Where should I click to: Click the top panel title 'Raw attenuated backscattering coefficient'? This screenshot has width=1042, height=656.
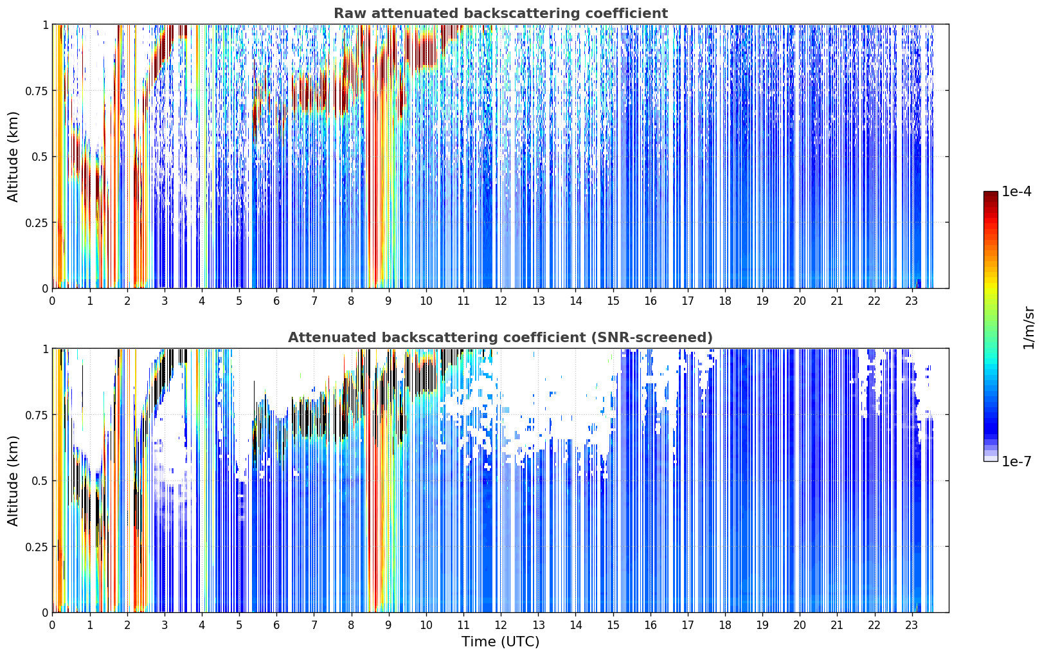point(501,13)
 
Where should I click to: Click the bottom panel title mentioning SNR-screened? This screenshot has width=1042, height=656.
point(501,337)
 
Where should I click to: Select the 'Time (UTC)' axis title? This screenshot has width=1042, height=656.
point(501,642)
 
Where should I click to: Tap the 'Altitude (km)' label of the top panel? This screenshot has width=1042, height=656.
point(13,156)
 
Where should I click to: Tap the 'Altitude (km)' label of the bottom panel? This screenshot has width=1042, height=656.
point(13,480)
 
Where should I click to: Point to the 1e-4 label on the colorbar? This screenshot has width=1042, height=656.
point(1016,191)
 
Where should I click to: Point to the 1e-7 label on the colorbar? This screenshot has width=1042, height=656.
point(1016,462)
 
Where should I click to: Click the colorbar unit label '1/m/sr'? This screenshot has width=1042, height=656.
point(1029,327)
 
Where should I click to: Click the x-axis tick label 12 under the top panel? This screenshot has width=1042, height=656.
point(501,301)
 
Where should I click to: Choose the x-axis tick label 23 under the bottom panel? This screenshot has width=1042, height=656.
point(912,625)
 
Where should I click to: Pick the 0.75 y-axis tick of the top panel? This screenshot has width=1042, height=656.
point(36,91)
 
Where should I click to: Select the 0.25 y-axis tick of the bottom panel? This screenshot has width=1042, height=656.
point(36,547)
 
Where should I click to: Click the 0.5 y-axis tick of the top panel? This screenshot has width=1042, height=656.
point(39,157)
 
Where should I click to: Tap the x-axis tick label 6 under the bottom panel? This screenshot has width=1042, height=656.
point(276,625)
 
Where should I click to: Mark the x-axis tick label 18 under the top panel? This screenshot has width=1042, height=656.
point(724,301)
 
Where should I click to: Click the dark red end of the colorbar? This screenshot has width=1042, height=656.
point(991,194)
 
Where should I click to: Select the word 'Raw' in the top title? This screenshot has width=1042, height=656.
point(350,13)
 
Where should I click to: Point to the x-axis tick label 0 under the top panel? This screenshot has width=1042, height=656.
point(52,301)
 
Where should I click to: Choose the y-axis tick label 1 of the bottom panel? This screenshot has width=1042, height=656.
point(45,349)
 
